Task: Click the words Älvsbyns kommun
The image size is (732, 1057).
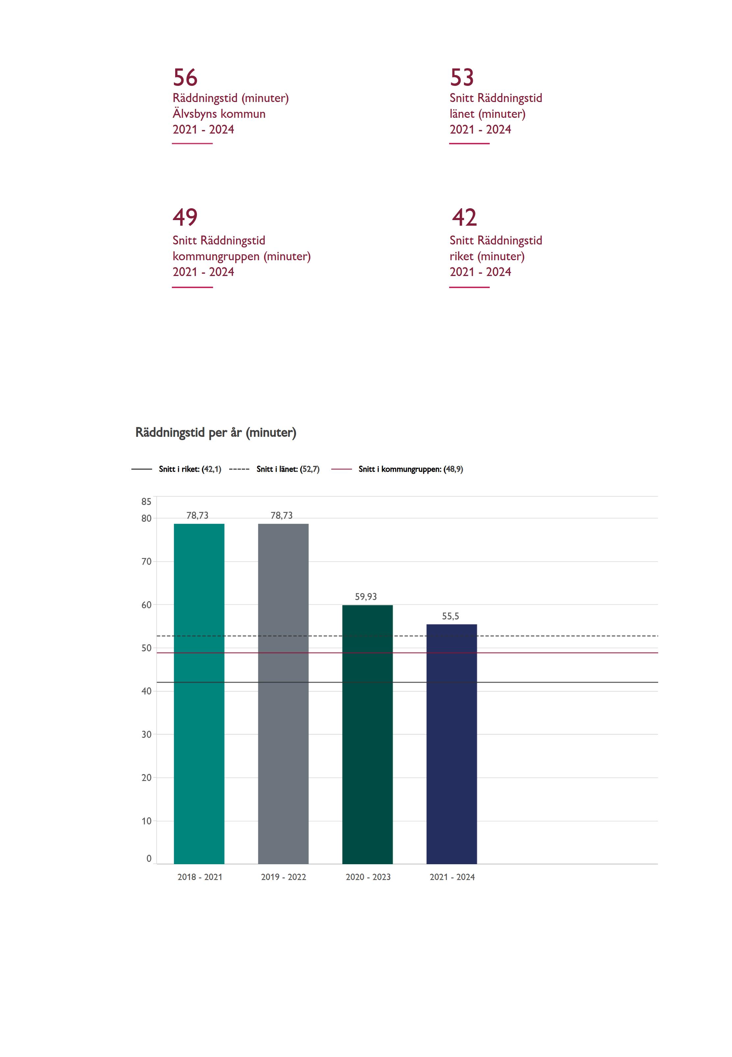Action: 219,113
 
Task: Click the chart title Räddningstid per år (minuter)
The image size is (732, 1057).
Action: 216,433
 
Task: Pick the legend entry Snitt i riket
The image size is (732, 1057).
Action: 189,469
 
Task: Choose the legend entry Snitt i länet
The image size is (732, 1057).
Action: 287,469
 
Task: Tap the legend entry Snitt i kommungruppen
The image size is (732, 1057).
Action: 411,469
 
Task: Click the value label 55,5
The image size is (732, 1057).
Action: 450,616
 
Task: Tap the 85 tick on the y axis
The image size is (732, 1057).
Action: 146,502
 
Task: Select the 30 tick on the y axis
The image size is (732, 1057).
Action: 146,735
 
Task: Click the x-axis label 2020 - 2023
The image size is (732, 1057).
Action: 368,877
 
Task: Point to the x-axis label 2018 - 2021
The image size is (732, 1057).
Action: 200,877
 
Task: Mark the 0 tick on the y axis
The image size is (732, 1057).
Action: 149,859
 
